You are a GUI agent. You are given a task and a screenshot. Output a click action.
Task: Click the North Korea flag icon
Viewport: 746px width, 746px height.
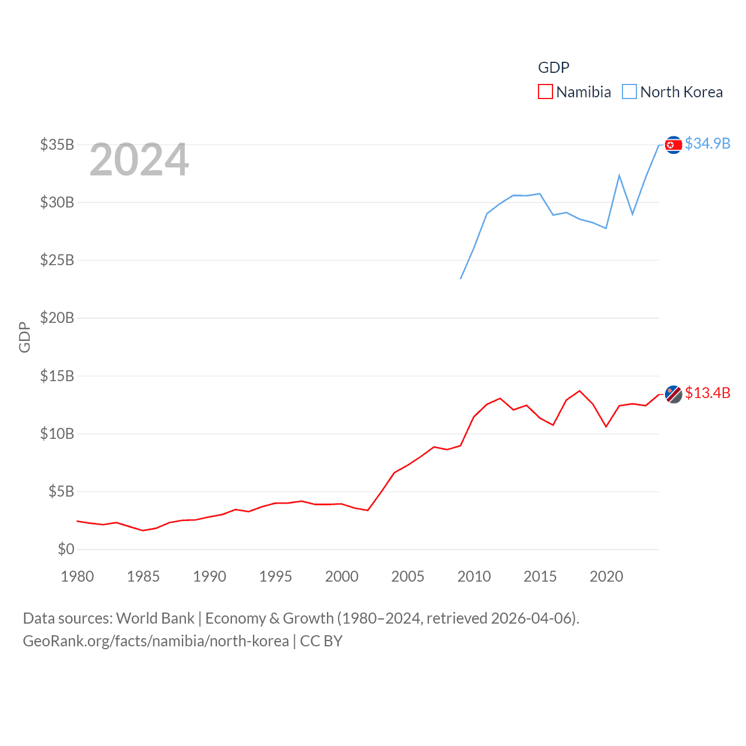673,145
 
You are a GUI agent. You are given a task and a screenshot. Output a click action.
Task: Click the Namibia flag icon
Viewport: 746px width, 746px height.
673,395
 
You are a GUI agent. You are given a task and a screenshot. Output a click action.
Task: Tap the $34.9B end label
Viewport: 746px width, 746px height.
708,143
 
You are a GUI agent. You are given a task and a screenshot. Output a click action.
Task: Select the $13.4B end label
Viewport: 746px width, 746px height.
708,393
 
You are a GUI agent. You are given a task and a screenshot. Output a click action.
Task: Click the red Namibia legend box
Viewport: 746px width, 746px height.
545,92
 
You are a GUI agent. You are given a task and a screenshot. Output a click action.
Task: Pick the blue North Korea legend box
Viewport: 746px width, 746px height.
629,92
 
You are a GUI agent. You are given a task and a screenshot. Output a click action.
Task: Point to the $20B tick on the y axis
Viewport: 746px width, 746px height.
57,318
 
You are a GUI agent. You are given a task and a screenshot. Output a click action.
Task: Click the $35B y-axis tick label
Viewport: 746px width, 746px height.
57,144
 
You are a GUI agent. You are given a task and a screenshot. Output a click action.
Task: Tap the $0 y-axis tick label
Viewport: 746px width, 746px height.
66,549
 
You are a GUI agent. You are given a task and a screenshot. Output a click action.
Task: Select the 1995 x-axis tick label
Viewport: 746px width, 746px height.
276,576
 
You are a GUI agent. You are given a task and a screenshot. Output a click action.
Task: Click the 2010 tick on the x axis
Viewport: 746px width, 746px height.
474,576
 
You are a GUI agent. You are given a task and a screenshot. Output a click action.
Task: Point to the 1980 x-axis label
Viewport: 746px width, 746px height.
78,576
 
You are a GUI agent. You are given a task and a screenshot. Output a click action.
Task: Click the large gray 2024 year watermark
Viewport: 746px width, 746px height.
139,159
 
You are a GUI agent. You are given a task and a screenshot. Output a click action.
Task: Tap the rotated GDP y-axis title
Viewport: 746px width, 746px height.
24,337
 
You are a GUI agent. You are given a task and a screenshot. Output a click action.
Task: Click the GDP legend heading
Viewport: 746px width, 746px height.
553,68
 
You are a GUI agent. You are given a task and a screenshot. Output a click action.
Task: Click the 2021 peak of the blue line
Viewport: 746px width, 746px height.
619,175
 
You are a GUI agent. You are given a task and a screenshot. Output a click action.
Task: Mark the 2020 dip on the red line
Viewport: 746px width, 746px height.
606,427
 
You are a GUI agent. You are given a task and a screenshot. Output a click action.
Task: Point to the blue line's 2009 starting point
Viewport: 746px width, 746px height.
460,279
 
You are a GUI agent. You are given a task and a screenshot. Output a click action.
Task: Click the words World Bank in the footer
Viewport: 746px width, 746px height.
155,618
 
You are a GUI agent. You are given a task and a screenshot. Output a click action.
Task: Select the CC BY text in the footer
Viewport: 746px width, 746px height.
321,641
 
